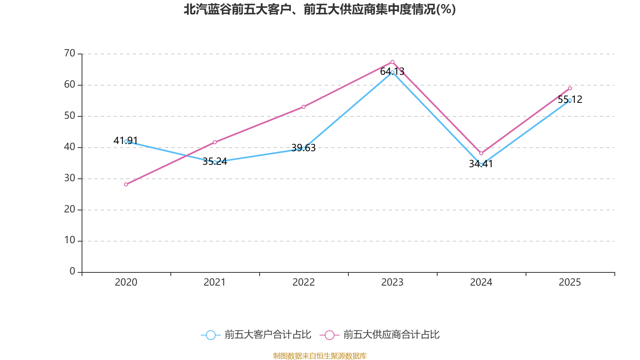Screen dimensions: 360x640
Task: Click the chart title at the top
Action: click(x=320, y=10)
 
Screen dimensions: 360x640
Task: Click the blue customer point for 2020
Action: click(x=126, y=141)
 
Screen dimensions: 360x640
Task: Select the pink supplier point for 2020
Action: click(x=126, y=184)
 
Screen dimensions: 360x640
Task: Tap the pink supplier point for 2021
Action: click(x=215, y=142)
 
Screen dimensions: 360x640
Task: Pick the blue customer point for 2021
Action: click(x=215, y=162)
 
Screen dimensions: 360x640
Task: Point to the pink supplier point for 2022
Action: click(x=304, y=107)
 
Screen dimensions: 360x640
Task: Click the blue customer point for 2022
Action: click(x=304, y=148)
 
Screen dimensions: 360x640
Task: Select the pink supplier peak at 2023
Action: click(x=392, y=62)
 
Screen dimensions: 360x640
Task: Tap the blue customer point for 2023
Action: click(x=392, y=72)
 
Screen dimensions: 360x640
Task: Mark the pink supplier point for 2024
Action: click(x=481, y=154)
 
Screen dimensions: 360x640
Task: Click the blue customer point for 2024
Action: click(x=481, y=164)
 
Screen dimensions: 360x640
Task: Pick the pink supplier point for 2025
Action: click(x=570, y=88)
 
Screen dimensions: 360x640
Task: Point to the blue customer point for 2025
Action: click(x=570, y=100)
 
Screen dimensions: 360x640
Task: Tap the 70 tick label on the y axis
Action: click(x=70, y=53)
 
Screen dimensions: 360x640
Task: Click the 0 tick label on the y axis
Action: click(x=72, y=272)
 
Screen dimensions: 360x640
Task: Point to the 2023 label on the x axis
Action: click(x=392, y=282)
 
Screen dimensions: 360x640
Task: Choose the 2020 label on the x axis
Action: click(x=126, y=282)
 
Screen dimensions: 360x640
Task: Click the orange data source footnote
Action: click(x=320, y=356)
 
